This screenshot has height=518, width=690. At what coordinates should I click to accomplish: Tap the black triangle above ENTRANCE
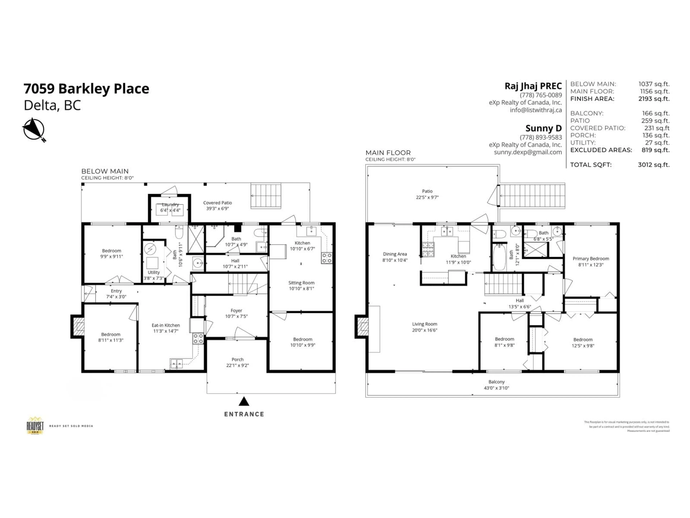coord(244,401)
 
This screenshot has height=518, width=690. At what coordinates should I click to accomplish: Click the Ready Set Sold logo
coord(35,426)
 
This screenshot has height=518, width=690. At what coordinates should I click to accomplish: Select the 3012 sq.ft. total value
coord(654,165)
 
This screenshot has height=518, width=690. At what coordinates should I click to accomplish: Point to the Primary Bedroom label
coord(590,258)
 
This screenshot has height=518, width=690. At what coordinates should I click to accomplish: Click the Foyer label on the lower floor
coord(236,310)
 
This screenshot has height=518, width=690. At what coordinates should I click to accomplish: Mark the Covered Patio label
coord(217,203)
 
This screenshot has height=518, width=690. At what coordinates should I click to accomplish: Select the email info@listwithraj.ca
coord(536,110)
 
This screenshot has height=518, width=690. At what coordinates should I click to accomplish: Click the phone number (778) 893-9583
coord(540,137)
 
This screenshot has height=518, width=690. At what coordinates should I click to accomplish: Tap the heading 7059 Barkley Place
coord(86,89)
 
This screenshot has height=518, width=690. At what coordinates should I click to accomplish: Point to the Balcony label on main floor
coord(496,382)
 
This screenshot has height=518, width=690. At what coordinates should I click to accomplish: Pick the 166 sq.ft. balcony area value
coord(655,113)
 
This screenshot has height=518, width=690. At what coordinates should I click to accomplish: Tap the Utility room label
coord(153,272)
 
